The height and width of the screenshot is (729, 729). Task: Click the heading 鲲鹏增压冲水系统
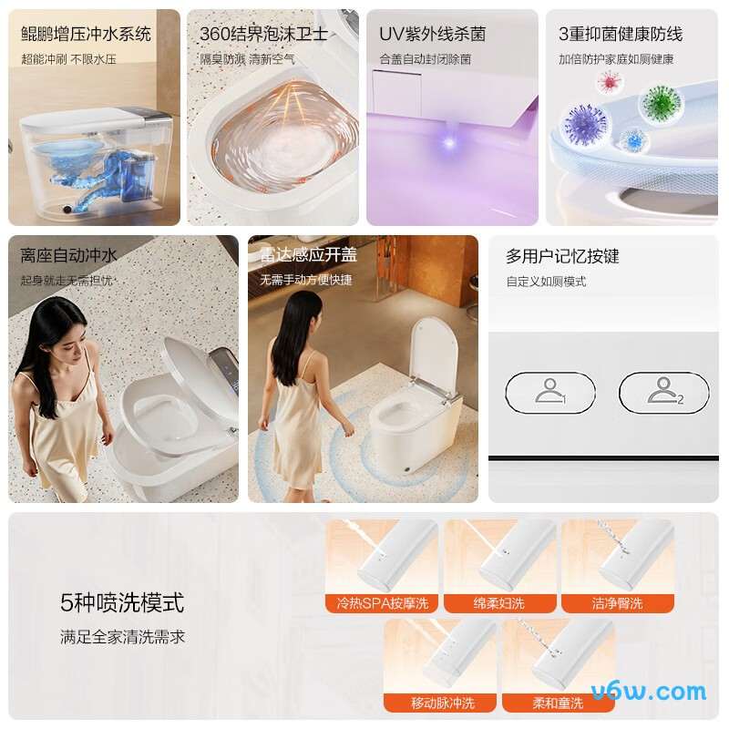click(86, 34)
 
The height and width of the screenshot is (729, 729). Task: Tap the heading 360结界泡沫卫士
click(263, 34)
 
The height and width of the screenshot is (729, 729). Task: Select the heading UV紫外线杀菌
click(432, 34)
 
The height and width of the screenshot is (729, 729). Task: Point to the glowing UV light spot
click(448, 142)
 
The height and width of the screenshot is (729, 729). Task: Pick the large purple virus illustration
click(585, 125)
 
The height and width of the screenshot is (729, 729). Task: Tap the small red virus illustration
click(609, 82)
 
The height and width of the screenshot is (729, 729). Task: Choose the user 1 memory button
click(550, 393)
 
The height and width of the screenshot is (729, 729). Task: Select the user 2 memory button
click(664, 393)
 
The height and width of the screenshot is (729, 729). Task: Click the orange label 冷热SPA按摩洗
click(382, 603)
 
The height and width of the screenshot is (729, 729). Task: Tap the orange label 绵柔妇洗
click(499, 603)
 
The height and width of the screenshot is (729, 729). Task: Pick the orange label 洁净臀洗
click(618, 603)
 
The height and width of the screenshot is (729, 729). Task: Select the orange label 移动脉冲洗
click(441, 703)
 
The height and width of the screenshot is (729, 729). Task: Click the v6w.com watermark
click(649, 692)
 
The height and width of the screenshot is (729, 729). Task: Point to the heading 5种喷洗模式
click(122, 603)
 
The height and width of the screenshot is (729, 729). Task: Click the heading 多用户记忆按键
click(562, 256)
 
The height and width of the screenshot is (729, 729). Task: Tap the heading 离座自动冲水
click(69, 255)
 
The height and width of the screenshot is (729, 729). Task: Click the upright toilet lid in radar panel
click(434, 353)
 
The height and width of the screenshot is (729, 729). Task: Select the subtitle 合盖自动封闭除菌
click(426, 59)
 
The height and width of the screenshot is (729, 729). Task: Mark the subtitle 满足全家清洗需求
click(122, 636)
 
